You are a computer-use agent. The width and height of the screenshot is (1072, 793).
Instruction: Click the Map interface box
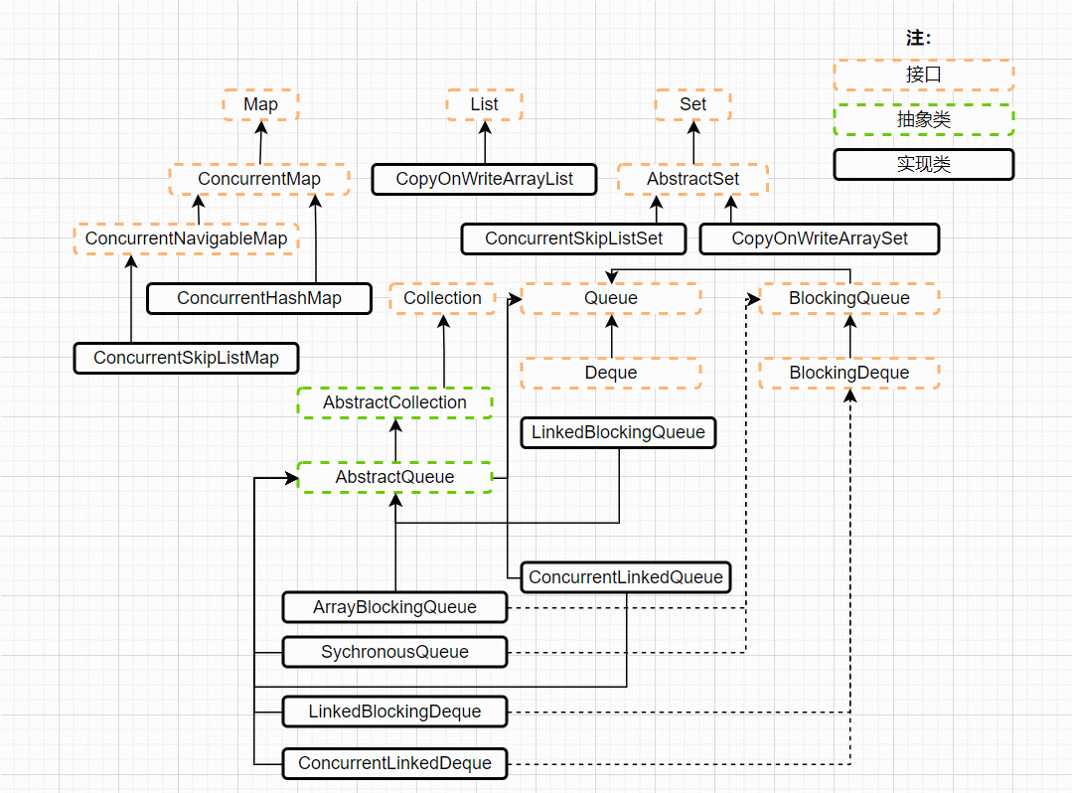[x=260, y=104]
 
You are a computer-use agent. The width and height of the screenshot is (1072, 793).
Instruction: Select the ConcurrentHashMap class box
[x=258, y=298]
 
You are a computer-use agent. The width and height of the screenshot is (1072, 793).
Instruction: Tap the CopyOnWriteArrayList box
[x=484, y=179]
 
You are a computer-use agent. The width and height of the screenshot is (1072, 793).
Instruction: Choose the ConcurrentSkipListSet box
[x=574, y=238]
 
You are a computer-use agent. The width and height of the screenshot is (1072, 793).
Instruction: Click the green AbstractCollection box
[x=394, y=402]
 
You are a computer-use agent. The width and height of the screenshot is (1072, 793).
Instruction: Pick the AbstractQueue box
[x=394, y=477]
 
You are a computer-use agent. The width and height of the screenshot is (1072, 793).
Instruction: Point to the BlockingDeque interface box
[x=848, y=373]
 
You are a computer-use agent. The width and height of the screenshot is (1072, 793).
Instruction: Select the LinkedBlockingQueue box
[x=618, y=432]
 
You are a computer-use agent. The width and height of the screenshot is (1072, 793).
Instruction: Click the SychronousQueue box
[x=394, y=652]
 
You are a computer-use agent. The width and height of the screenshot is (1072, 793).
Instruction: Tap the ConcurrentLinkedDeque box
[x=394, y=763]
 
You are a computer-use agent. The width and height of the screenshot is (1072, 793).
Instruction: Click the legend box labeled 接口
[x=923, y=75]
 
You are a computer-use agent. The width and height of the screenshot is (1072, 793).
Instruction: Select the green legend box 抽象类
[x=923, y=119]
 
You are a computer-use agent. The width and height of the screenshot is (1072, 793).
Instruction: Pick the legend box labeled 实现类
[x=923, y=164]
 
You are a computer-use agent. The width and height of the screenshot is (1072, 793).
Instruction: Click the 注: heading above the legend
[x=918, y=39]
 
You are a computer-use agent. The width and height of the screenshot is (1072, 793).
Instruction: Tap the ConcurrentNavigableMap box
[x=186, y=238]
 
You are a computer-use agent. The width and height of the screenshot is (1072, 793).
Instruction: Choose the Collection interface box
[x=442, y=298]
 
